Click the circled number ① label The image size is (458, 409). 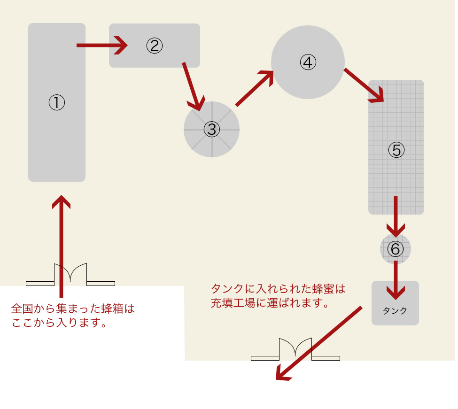[x=56, y=102]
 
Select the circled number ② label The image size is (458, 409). [x=154, y=46]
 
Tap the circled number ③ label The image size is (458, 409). [x=212, y=129]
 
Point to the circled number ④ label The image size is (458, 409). [x=308, y=62]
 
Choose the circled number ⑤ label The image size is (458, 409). [x=396, y=150]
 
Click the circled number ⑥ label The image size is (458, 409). [x=395, y=249]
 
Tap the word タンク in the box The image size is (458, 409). [x=395, y=310]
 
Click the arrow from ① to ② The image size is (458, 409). [x=102, y=46]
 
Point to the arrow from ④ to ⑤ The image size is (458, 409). [x=365, y=85]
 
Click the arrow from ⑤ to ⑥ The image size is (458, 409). [x=396, y=216]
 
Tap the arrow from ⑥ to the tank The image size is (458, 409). [x=396, y=280]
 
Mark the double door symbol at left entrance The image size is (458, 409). [x=70, y=274]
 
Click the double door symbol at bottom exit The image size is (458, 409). [x=295, y=349]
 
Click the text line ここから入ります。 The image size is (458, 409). [x=59, y=323]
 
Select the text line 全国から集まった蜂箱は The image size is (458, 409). [x=72, y=309]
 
